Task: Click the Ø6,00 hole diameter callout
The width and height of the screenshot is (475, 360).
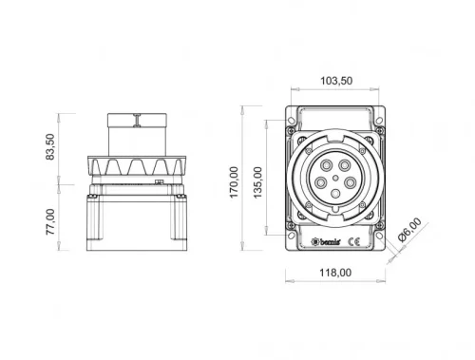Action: pyautogui.click(x=411, y=235)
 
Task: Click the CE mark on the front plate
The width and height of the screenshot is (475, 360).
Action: pyautogui.click(x=351, y=242)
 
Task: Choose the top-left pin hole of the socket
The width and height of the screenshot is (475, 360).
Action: pyautogui.click(x=326, y=164)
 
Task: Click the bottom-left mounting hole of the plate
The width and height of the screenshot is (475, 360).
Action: pyautogui.click(x=290, y=234)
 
